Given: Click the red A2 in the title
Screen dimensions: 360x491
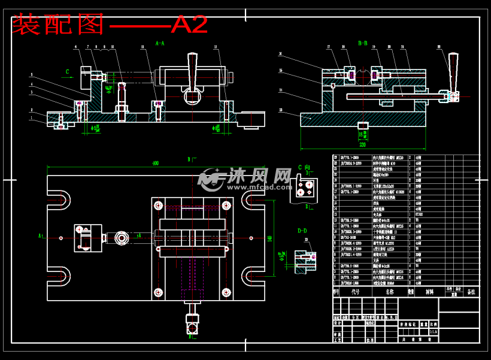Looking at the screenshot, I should (189, 25).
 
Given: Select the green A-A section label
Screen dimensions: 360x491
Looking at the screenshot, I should (160, 44).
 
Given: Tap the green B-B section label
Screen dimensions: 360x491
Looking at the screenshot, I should (363, 43).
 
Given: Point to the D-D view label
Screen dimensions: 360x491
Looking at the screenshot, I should (302, 231).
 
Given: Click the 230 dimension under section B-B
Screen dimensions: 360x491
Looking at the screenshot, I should (362, 145).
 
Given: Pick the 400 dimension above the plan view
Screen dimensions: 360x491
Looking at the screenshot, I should (156, 163).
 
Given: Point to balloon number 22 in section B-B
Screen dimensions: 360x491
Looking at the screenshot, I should (439, 47).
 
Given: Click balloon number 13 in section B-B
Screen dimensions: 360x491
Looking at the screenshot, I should (280, 110).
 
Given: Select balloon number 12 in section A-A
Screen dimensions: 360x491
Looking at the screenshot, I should (216, 47).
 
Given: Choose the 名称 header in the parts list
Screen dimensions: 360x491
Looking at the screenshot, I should (390, 292).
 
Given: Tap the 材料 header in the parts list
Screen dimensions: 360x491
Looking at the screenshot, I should (429, 292).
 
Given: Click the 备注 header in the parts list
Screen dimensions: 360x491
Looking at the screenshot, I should (471, 292).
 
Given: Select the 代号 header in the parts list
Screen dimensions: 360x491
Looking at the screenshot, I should (356, 292).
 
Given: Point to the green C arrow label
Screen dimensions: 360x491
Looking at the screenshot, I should (68, 72).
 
